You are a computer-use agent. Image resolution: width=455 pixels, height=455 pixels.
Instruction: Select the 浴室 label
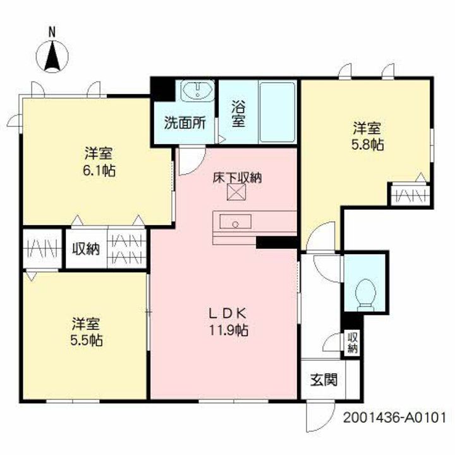pos(238,114)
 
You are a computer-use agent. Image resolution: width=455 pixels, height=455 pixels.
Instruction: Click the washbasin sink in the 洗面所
pos(197,92)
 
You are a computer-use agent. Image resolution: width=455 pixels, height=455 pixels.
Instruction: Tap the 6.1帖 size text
pos(97,170)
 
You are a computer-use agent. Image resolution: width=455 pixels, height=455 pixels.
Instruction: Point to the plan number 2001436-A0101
pos(395,418)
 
